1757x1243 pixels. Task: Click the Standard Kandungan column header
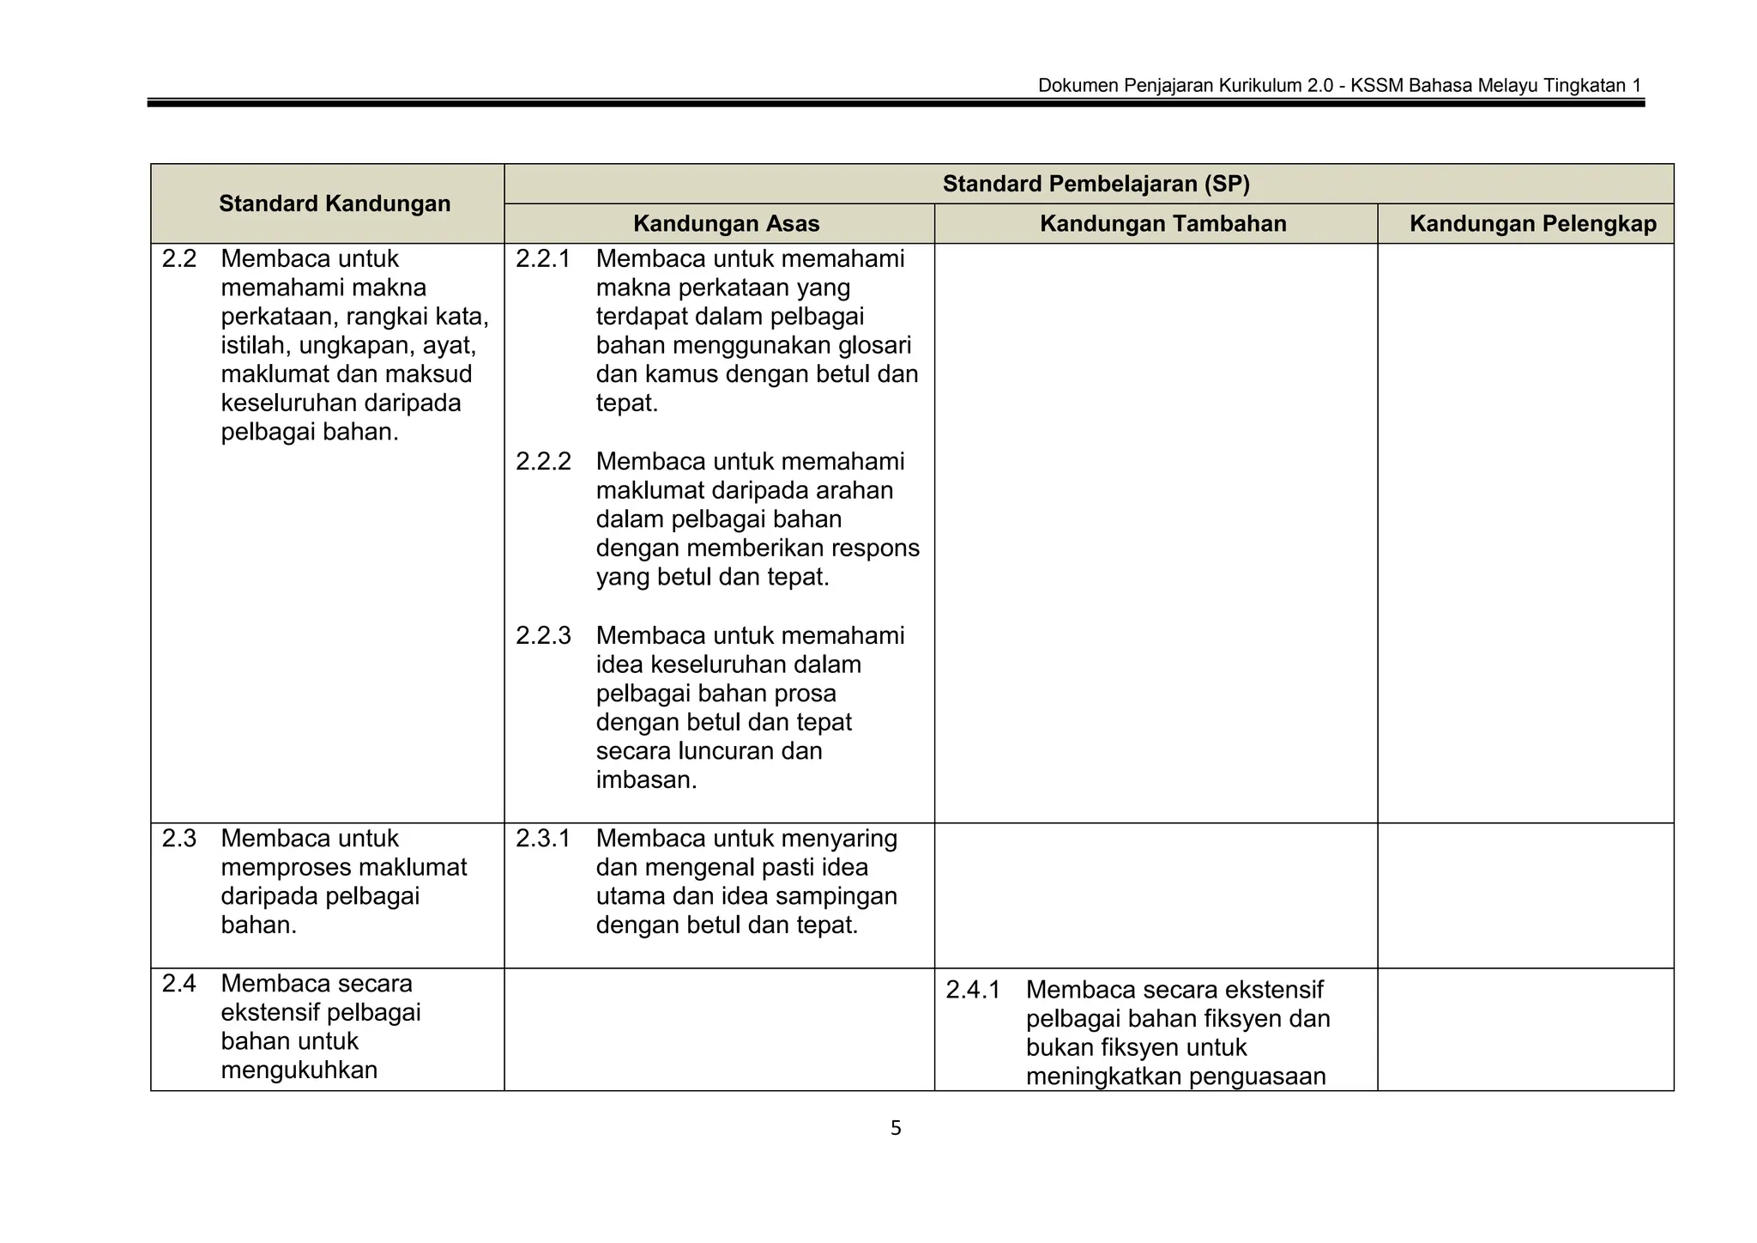pyautogui.click(x=334, y=203)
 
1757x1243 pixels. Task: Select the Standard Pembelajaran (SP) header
pyautogui.click(x=1096, y=184)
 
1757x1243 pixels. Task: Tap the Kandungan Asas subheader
pyautogui.click(x=726, y=224)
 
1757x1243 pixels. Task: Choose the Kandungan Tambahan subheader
pyautogui.click(x=1162, y=224)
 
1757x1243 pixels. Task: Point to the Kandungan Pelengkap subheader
pyautogui.click(x=1532, y=224)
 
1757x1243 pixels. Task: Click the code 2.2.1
pyautogui.click(x=542, y=259)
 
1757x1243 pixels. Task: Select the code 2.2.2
pyautogui.click(x=542, y=462)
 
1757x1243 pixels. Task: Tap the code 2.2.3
pyautogui.click(x=542, y=636)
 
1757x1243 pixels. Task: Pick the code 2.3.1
pyautogui.click(x=542, y=839)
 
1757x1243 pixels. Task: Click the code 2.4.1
pyautogui.click(x=972, y=991)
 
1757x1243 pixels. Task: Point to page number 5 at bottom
pyautogui.click(x=896, y=1129)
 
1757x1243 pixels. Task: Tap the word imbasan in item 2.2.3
pyautogui.click(x=645, y=780)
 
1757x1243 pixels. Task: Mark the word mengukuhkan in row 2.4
pyautogui.click(x=299, y=1070)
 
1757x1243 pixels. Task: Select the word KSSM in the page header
pyautogui.click(x=1377, y=86)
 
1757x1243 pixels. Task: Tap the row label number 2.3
pyautogui.click(x=178, y=839)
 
